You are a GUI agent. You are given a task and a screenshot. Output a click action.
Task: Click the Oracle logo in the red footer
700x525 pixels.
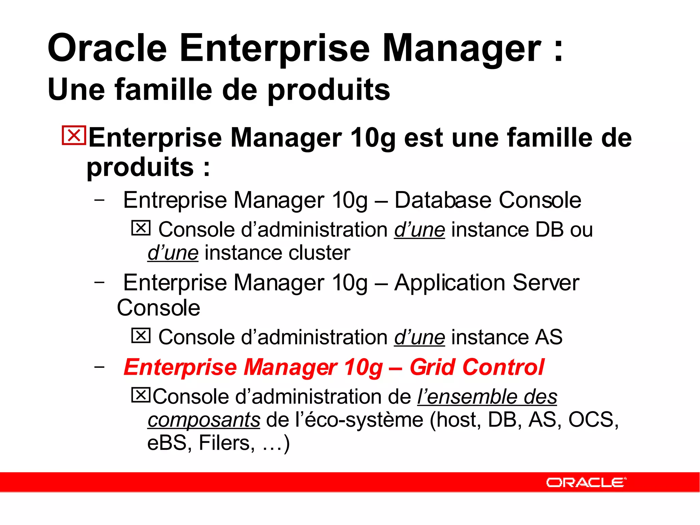586,482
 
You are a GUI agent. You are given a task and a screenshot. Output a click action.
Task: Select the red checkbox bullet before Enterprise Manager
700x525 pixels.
73,136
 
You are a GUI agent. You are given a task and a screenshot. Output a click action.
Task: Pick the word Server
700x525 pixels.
546,283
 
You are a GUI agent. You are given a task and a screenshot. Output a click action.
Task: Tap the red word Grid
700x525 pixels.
433,367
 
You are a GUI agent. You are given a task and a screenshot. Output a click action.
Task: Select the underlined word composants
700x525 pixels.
204,420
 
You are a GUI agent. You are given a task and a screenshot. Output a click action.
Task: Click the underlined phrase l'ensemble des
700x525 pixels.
487,397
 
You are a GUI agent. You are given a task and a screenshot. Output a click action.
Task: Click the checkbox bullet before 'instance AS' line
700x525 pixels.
141,336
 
